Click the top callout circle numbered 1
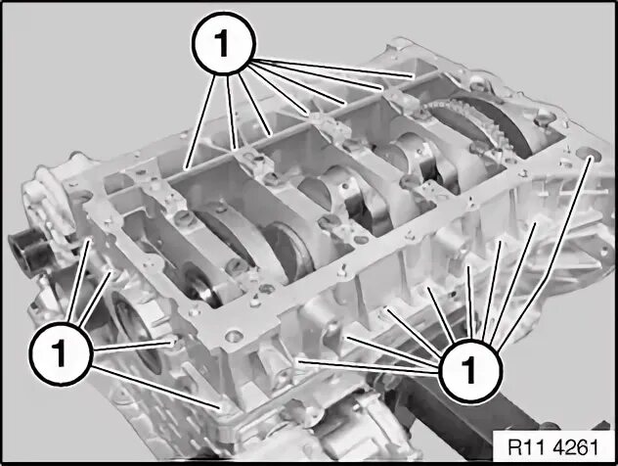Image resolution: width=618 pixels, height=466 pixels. [224, 43]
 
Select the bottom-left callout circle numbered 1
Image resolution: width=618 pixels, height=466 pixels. [61, 352]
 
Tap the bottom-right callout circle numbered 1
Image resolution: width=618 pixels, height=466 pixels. [469, 370]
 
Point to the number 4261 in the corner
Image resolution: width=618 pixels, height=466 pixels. [576, 447]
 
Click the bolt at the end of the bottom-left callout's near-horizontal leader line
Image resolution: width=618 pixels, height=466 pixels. [174, 342]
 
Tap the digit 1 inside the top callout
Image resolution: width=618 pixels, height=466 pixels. [222, 42]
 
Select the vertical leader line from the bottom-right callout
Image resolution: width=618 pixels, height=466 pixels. [470, 303]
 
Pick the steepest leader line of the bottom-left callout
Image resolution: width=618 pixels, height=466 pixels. [79, 281]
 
